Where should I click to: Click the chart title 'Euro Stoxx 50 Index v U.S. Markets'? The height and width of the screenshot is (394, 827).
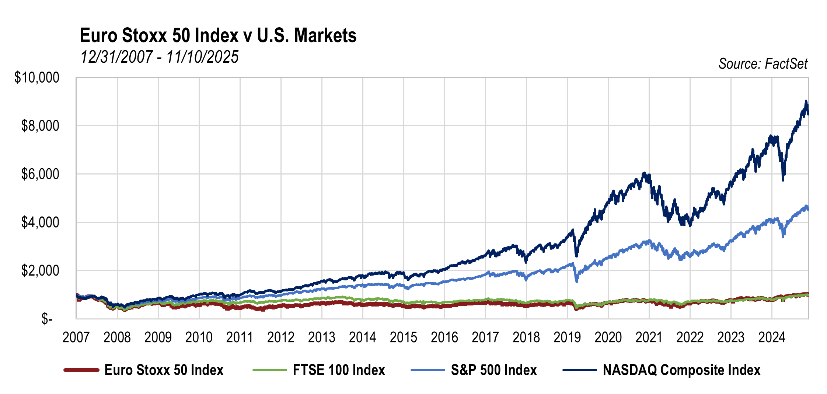click(218, 36)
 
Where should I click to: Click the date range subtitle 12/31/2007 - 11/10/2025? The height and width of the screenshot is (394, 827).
click(159, 57)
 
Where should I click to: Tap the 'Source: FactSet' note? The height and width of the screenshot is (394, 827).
click(763, 64)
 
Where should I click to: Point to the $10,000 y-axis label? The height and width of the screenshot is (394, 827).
click(37, 77)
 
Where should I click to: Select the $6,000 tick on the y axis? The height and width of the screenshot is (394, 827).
click(40, 174)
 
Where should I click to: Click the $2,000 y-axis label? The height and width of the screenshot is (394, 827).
click(40, 271)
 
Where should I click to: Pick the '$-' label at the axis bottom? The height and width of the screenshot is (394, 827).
click(47, 319)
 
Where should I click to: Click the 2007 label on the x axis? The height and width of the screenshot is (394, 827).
click(76, 337)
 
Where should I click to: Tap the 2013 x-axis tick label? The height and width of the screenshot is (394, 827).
click(321, 337)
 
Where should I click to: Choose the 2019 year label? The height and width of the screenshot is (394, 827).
click(567, 337)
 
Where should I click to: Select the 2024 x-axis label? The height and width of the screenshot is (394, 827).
click(772, 337)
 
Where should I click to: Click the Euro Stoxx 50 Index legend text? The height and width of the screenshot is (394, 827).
click(164, 370)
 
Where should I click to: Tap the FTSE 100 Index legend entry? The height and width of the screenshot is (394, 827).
click(339, 370)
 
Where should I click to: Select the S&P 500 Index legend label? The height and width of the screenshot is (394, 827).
click(494, 370)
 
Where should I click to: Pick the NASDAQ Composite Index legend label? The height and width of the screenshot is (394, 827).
click(681, 370)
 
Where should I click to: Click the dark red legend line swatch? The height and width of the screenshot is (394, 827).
click(81, 370)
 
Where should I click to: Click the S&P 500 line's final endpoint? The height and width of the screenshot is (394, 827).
click(808, 210)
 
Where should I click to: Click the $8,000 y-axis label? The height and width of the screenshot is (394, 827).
click(40, 126)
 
